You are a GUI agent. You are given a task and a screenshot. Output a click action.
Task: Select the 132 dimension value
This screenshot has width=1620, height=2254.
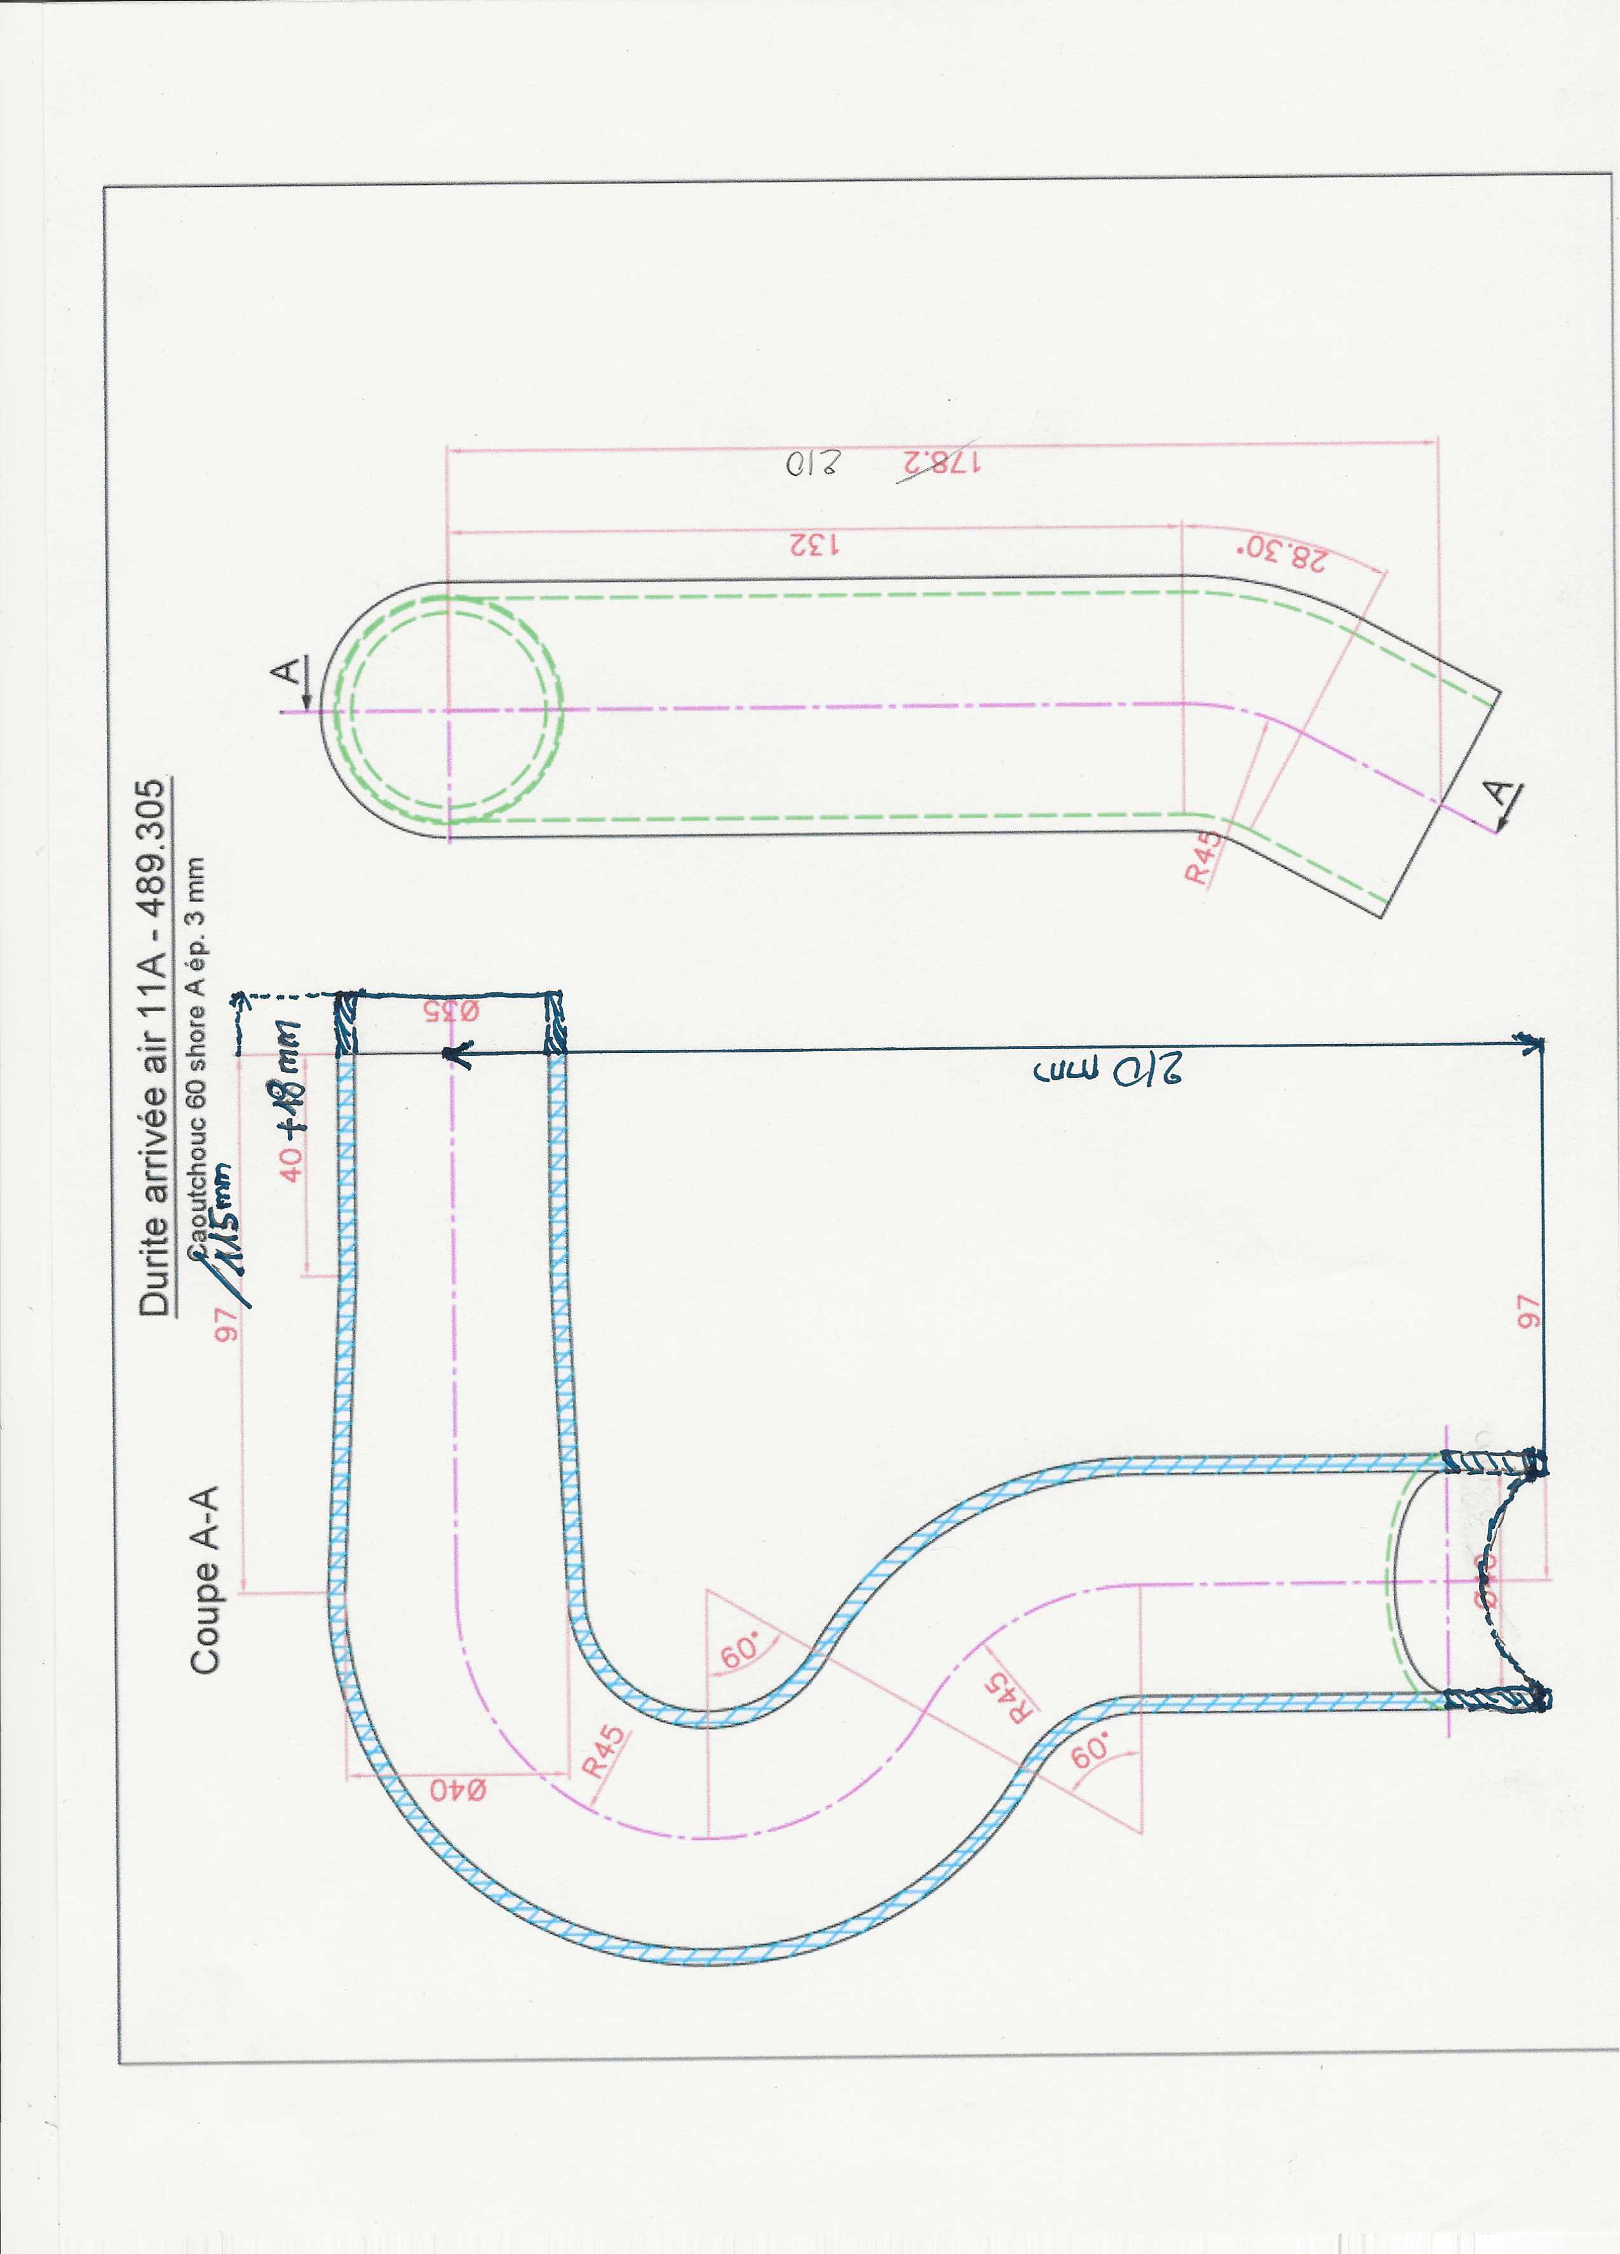pos(815,546)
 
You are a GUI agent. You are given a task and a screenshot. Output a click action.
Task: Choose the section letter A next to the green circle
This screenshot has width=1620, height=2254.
pos(287,671)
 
